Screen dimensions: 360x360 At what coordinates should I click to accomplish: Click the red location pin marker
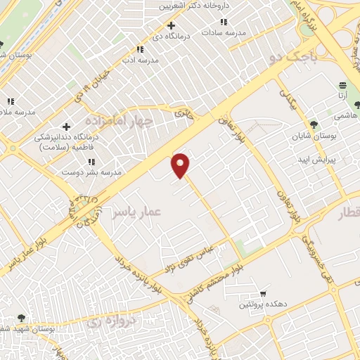pos(181,165)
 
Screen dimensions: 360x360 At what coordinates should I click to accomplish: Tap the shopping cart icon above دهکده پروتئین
pos(262,292)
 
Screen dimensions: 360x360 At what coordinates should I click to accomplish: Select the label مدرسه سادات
pos(225,32)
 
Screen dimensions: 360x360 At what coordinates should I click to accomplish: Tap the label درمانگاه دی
pos(169,35)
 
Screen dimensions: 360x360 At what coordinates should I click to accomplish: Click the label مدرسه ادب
pos(139,60)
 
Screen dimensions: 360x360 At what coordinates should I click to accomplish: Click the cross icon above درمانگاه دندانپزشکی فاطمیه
pos(66,127)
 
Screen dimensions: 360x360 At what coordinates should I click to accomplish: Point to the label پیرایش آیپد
pos(336,160)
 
